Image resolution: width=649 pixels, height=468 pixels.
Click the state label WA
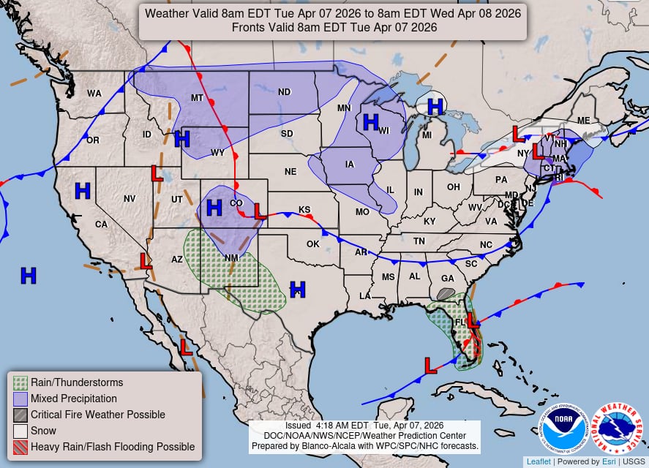(94, 94)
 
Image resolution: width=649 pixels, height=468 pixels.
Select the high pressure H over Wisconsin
(371, 121)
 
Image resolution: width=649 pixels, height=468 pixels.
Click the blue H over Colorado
(214, 208)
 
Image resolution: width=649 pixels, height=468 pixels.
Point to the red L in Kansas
(259, 211)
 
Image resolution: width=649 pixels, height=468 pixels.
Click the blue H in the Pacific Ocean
(29, 276)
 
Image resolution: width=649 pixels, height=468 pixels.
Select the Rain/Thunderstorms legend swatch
(20, 382)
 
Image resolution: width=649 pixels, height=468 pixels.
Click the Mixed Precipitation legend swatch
(20, 399)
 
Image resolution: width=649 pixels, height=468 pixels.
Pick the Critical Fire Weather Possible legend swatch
(20, 415)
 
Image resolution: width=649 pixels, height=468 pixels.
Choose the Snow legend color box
(20, 431)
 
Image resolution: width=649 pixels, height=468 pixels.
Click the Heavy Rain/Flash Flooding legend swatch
(20, 447)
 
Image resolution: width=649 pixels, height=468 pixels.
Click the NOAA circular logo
(564, 429)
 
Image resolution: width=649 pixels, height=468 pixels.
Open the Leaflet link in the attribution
(539, 461)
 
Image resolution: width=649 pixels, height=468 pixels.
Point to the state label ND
(285, 92)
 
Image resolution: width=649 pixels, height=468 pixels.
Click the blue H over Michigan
(435, 107)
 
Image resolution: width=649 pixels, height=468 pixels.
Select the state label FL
(460, 322)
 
